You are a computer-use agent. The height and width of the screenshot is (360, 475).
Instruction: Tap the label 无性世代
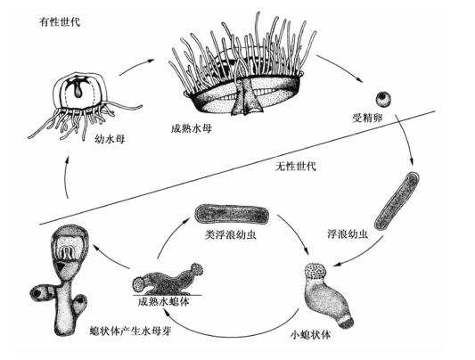pyautogui.click(x=297, y=167)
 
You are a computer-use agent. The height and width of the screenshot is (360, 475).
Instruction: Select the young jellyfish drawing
pyautogui.click(x=75, y=102)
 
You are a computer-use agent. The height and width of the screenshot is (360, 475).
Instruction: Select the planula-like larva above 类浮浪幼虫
pyautogui.click(x=230, y=216)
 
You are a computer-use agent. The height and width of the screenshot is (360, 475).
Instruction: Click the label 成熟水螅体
pyautogui.click(x=160, y=302)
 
